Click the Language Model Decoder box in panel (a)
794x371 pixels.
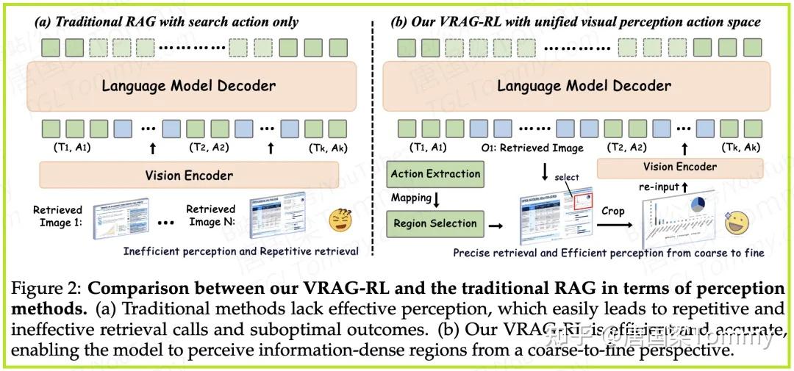189,86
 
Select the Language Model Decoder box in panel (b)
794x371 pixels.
584,86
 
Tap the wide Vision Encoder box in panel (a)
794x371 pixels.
189,176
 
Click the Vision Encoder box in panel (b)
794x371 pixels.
680,167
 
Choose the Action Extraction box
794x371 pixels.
435,174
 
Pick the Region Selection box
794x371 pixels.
435,223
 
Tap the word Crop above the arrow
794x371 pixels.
612,211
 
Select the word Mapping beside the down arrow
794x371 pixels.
411,198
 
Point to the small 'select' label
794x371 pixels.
567,177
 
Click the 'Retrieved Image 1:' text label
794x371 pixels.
58,216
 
